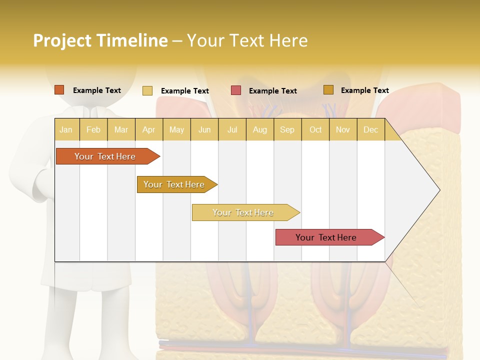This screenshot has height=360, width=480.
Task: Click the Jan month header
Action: tap(66, 129)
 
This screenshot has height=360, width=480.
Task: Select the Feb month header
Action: tap(93, 129)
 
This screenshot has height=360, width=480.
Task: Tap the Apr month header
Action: tap(149, 129)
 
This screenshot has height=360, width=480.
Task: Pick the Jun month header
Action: tap(204, 129)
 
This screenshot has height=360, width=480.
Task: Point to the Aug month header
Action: tap(260, 129)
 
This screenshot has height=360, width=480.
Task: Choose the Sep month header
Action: tap(287, 129)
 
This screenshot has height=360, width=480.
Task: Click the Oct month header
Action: tap(315, 129)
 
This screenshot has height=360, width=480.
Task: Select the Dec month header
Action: tap(371, 129)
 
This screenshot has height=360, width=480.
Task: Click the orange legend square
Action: tap(59, 90)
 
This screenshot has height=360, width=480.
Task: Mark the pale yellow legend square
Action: tap(147, 90)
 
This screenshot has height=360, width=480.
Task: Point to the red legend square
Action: tap(236, 90)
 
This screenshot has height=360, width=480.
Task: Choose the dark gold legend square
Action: tap(328, 90)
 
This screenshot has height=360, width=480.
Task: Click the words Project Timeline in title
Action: tap(100, 40)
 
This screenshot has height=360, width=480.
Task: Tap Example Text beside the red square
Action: tap(273, 91)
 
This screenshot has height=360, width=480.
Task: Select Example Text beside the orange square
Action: tap(97, 90)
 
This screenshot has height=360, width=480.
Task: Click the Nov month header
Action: tap(343, 129)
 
